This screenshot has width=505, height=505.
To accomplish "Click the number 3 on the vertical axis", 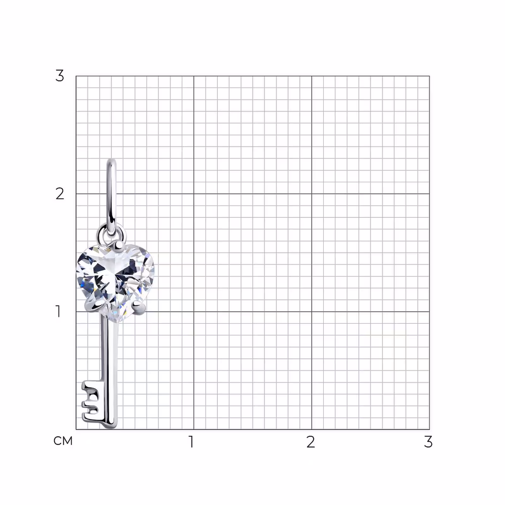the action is coord(60,76).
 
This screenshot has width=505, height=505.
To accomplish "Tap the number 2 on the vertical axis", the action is coord(60,193).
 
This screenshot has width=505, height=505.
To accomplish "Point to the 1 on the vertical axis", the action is coord(58,312).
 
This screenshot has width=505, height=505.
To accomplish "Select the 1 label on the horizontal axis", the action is coord(191,442).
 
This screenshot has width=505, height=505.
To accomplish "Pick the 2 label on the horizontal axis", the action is coord(311,442).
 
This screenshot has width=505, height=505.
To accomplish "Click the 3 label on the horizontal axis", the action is coord(428,442).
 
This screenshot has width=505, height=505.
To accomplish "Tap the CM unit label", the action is coord(63,441).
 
